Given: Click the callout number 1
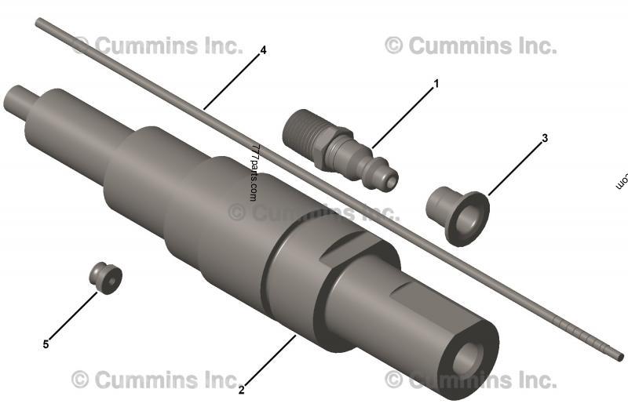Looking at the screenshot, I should [x=436, y=82].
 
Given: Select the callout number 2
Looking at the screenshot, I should [x=242, y=388].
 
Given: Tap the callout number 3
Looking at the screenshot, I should [x=545, y=138].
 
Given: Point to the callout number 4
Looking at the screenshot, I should [x=263, y=49].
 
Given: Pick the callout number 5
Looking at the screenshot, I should [x=46, y=343].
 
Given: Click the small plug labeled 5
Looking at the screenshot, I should [x=105, y=277].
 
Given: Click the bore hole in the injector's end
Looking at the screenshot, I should [x=467, y=357].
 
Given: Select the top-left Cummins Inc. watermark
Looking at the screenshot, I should [x=157, y=45].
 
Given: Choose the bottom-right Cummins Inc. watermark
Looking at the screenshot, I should [x=471, y=380].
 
